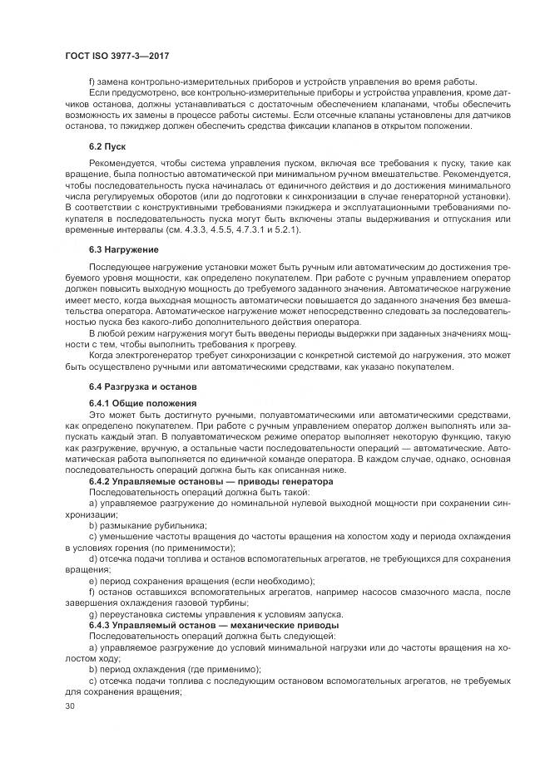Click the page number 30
(69, 706)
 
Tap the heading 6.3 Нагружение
(124, 248)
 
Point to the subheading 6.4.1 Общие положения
(142, 402)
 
